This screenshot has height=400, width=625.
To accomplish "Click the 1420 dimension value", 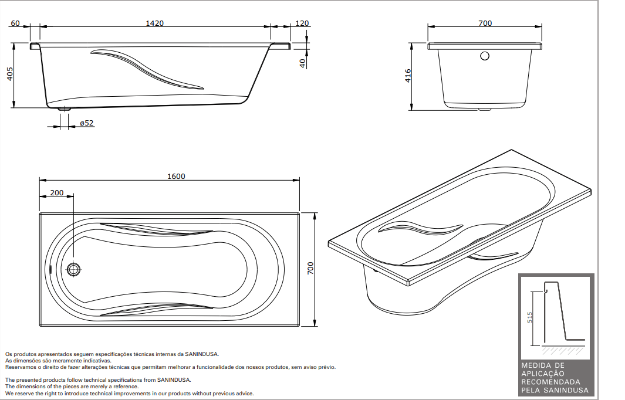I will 155,23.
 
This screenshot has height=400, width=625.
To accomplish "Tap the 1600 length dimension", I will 175,176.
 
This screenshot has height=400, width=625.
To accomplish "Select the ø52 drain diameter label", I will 87,123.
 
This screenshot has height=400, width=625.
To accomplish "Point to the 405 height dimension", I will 9,74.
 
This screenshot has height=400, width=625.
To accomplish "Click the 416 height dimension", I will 408,76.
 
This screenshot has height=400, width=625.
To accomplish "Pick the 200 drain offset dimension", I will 57,192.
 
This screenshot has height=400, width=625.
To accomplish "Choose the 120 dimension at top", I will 302,23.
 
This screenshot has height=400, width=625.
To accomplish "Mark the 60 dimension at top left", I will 16,23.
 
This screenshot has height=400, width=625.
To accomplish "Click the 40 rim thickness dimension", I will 303,63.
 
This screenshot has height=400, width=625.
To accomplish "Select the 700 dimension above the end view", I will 485,23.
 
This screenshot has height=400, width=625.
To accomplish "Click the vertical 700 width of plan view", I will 311,269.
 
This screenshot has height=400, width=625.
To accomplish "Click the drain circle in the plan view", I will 73,269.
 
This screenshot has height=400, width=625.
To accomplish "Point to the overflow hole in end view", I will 485,56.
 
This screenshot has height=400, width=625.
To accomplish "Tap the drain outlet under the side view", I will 64,109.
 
